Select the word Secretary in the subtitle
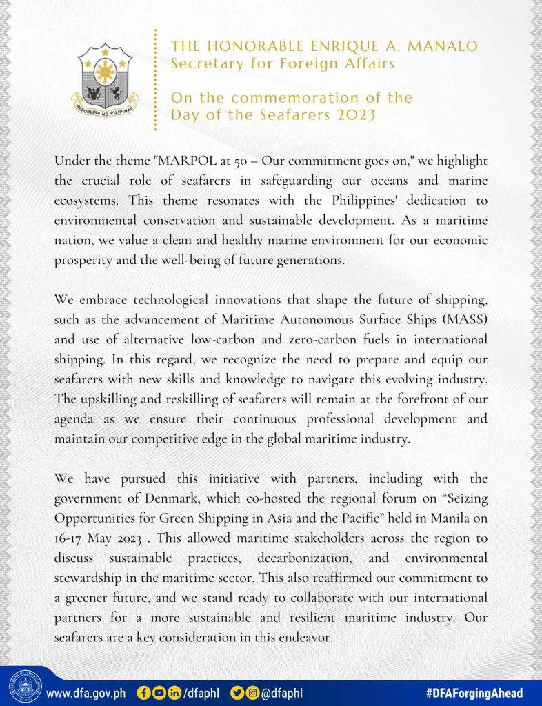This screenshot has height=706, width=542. (x=206, y=64)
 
